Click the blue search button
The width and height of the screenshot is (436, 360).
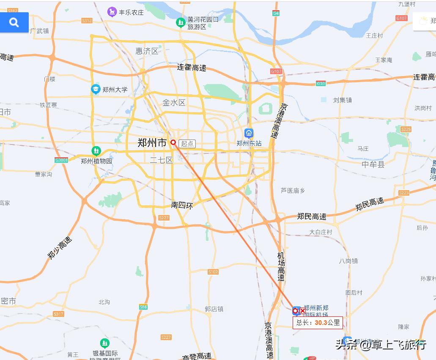[x=14, y=22]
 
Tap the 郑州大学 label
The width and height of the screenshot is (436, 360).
[x=115, y=90]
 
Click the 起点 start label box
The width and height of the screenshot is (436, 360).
[x=187, y=144]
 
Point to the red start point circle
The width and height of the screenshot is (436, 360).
[x=173, y=142]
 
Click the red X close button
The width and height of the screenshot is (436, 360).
[x=303, y=311]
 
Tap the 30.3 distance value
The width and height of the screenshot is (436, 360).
[x=321, y=322]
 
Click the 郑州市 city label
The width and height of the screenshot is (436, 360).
[x=152, y=143]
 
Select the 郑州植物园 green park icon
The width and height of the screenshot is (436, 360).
[x=96, y=150]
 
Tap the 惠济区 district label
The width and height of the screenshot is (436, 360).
[x=147, y=51]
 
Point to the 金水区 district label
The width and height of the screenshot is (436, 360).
[x=174, y=103]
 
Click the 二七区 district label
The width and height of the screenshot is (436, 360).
[x=162, y=160]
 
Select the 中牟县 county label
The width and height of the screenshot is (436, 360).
[x=373, y=164]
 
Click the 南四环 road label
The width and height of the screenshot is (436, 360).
[x=182, y=205]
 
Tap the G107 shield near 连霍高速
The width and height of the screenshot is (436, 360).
[x=276, y=71]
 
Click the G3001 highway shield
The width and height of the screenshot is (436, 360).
[x=61, y=160]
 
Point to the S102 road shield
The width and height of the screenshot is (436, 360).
[x=213, y=272]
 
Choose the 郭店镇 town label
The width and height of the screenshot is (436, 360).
[x=214, y=309]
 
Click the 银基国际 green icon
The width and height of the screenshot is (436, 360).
[x=105, y=343]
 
